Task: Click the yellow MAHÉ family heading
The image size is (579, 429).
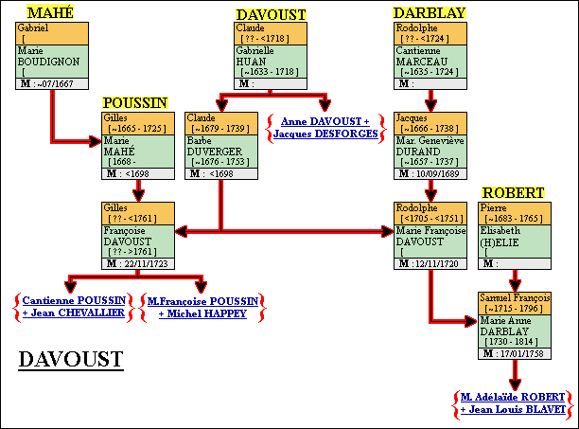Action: click(51, 12)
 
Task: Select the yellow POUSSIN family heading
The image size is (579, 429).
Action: click(135, 102)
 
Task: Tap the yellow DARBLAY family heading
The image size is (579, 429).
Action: click(430, 12)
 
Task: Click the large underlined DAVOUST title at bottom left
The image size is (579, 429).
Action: click(70, 359)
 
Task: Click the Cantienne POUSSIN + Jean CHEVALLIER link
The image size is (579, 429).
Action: click(73, 307)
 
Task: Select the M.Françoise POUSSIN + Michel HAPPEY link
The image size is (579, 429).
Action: click(202, 307)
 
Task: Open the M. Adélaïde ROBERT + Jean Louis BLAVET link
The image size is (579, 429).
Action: click(514, 402)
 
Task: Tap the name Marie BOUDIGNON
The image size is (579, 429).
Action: click(47, 56)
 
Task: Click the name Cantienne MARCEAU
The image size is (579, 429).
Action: click(426, 54)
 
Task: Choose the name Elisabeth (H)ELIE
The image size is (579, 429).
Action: click(506, 234)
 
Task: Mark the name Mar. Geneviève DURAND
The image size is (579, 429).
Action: click(430, 144)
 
